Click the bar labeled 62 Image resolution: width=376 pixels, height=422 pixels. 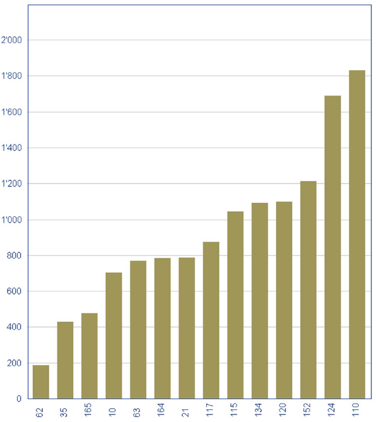[x=41, y=382]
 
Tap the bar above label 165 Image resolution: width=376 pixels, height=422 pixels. [x=89, y=356]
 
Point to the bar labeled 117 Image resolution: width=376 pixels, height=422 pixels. [x=211, y=320]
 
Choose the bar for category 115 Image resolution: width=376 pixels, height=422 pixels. [x=235, y=305]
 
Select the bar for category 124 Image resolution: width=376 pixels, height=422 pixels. [x=332, y=247]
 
